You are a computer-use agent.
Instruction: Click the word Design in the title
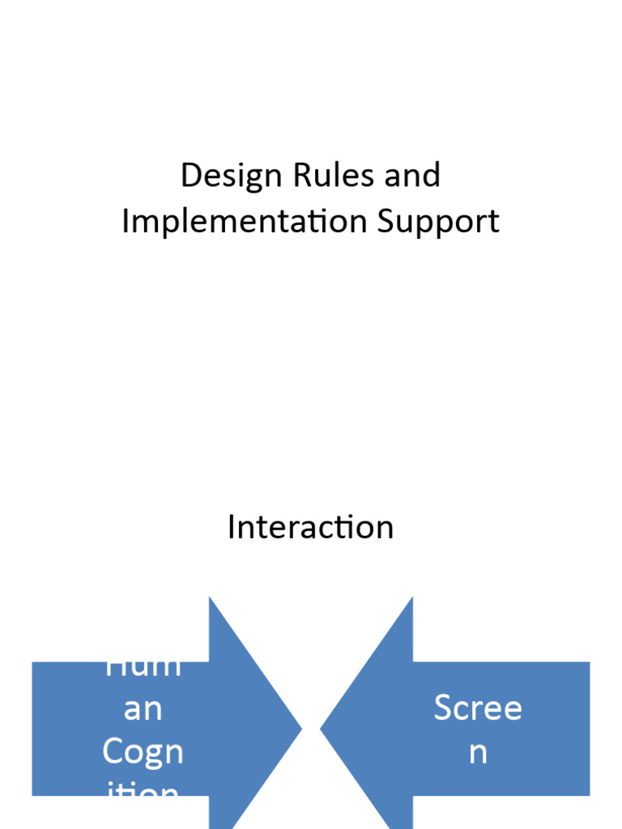point(220,176)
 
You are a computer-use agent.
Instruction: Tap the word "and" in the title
point(412,176)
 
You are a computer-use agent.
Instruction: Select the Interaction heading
point(310,527)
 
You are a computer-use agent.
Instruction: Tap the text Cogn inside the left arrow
point(143,752)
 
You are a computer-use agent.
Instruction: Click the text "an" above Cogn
point(143,709)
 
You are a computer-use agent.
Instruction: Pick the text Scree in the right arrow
point(478,708)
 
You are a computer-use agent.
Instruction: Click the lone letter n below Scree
point(478,752)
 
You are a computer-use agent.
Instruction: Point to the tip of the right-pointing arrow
point(300,729)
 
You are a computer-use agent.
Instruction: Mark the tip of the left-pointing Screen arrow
point(322,729)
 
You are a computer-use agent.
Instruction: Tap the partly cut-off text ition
point(143,790)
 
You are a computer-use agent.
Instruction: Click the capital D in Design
point(190,176)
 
